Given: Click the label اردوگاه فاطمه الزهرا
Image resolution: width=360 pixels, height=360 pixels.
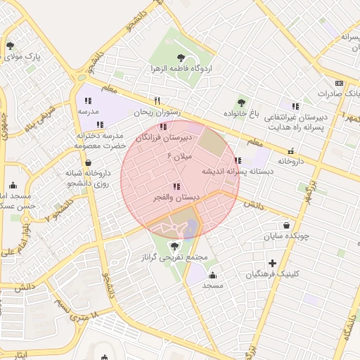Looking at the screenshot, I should point(177,70).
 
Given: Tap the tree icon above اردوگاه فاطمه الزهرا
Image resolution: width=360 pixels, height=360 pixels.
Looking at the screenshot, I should point(182,56).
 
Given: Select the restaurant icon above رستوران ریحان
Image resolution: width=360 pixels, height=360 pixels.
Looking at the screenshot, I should point(157,101).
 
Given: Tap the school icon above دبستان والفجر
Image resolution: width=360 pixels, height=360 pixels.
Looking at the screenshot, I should point(176,186).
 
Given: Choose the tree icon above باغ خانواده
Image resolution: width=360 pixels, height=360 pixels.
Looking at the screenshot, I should point(242,103).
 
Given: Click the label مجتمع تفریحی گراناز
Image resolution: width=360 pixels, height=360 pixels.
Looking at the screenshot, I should point(174,258).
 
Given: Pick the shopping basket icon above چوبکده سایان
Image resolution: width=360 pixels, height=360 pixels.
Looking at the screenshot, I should point(286,225).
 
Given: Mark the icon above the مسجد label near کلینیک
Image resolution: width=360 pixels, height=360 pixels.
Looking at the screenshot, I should point(212,275).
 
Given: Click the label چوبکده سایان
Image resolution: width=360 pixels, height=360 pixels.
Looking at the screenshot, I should point(286,236).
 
